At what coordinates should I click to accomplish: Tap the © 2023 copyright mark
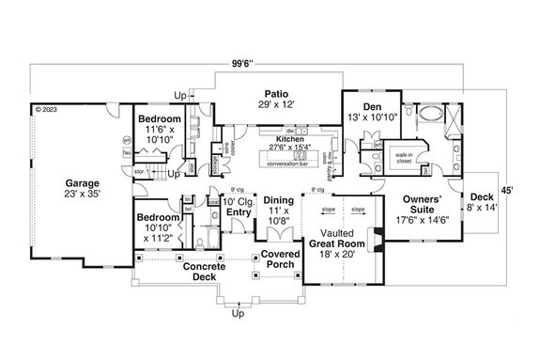[x=47, y=109]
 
